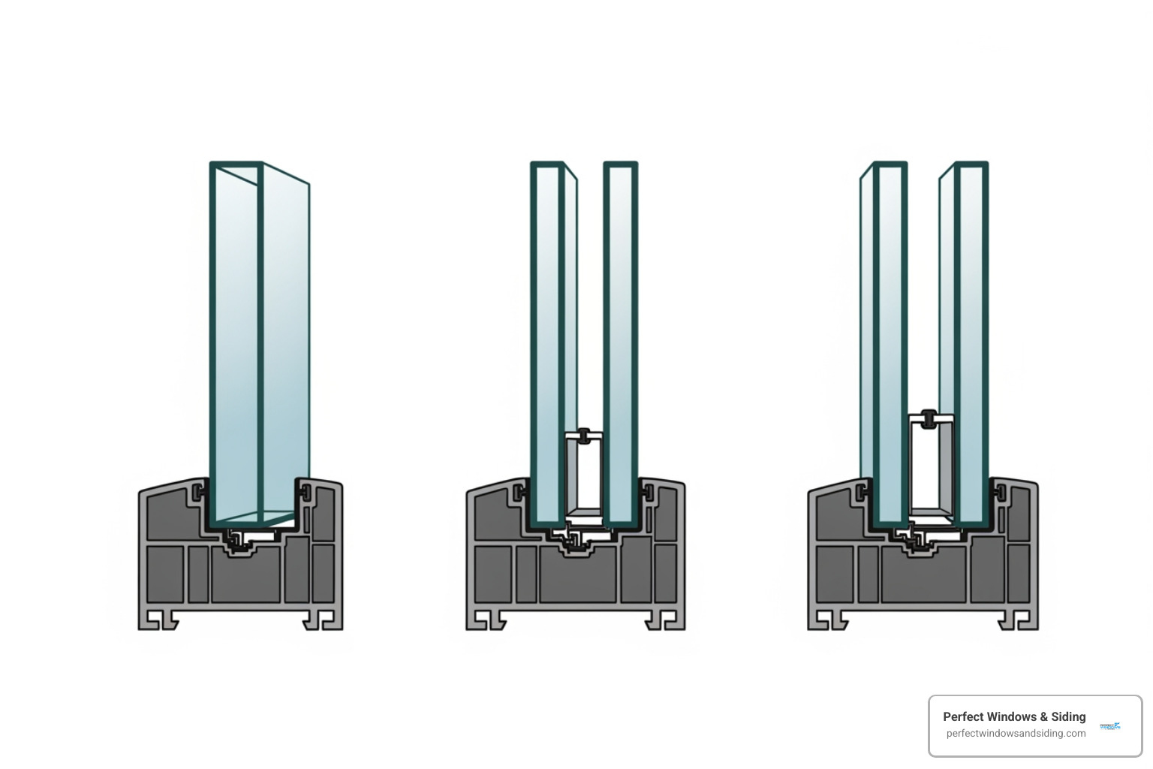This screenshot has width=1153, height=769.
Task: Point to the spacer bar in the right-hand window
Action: pyautogui.click(x=931, y=466)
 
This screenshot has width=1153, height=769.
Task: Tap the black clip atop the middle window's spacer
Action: pyautogui.click(x=584, y=434)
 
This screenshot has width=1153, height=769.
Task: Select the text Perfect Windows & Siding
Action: pyautogui.click(x=1014, y=716)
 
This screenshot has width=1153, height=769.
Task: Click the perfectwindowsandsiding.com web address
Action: pyautogui.click(x=1016, y=734)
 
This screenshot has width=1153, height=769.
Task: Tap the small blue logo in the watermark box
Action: pyautogui.click(x=1109, y=725)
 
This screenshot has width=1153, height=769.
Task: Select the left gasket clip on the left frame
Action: pyautogui.click(x=199, y=493)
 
